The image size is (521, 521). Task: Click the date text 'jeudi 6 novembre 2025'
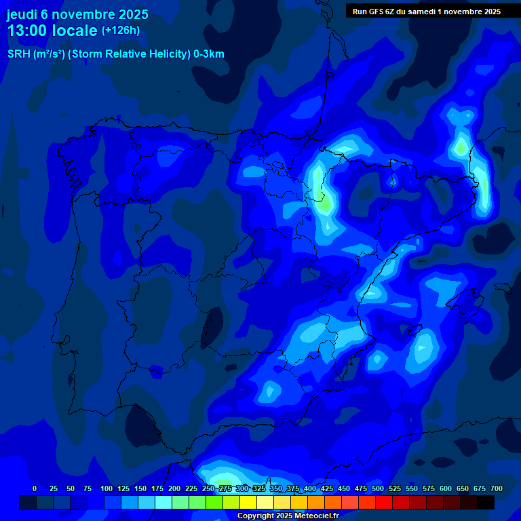(x=77, y=14)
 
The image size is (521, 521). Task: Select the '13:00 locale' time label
(x=52, y=31)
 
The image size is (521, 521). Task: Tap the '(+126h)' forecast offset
(x=120, y=31)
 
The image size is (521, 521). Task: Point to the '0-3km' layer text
(x=209, y=54)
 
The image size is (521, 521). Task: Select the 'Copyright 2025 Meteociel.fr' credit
(x=288, y=516)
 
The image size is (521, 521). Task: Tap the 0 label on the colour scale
(x=35, y=488)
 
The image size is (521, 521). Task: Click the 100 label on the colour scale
(x=106, y=488)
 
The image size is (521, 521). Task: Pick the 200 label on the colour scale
(x=174, y=488)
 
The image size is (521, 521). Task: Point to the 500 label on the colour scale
(x=378, y=488)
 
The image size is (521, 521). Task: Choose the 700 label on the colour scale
(x=497, y=488)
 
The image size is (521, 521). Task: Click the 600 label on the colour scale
(x=446, y=488)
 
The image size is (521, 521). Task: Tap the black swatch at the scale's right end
(x=486, y=502)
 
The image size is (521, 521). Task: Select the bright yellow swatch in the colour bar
(x=248, y=502)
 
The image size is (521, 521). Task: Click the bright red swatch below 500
(x=384, y=502)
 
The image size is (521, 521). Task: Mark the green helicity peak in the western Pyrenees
(x=326, y=201)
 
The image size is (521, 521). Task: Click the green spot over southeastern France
(x=461, y=146)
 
